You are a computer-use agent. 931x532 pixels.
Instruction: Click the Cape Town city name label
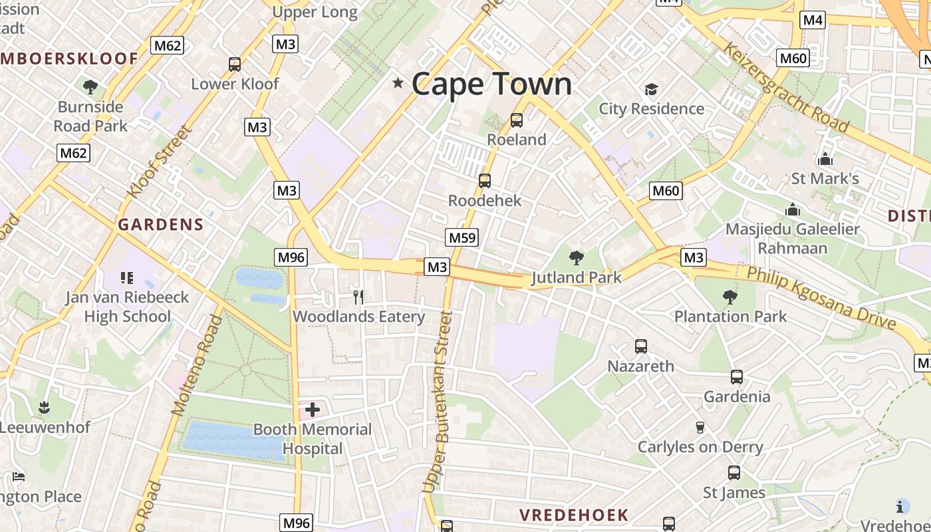pyautogui.click(x=491, y=84)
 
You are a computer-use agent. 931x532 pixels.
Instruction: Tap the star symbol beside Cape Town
pyautogui.click(x=398, y=83)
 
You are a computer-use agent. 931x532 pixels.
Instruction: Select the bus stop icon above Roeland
pyautogui.click(x=517, y=120)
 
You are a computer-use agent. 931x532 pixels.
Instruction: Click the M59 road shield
pyautogui.click(x=462, y=237)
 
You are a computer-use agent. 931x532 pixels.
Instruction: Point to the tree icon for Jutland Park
pyautogui.click(x=576, y=258)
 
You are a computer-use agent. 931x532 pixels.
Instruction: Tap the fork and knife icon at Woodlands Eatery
pyautogui.click(x=358, y=297)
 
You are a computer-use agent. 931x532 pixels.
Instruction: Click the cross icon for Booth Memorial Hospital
pyautogui.click(x=312, y=410)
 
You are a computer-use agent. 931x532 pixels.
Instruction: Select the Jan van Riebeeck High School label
pyautogui.click(x=127, y=307)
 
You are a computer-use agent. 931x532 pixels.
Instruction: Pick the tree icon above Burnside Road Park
pyautogui.click(x=90, y=87)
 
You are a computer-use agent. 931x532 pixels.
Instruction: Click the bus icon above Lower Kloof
pyautogui.click(x=235, y=65)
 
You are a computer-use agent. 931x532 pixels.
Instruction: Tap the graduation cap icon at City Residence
pyautogui.click(x=651, y=89)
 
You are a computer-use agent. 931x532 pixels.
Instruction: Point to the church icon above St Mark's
pyautogui.click(x=825, y=159)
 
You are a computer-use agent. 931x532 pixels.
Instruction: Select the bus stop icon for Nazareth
pyautogui.click(x=641, y=346)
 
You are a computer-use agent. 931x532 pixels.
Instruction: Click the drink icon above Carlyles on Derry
pyautogui.click(x=700, y=427)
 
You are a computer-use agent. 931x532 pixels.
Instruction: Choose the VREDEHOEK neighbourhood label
pyautogui.click(x=574, y=515)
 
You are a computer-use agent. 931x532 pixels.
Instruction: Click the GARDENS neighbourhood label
pyautogui.click(x=161, y=225)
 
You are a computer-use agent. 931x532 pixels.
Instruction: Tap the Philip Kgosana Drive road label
pyautogui.click(x=821, y=298)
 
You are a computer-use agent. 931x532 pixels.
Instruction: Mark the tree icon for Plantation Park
pyautogui.click(x=730, y=297)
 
